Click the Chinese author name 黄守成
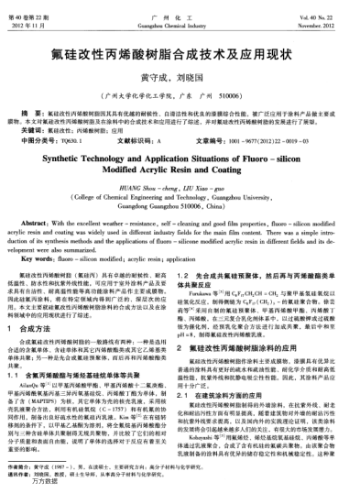(x=161, y=77)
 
